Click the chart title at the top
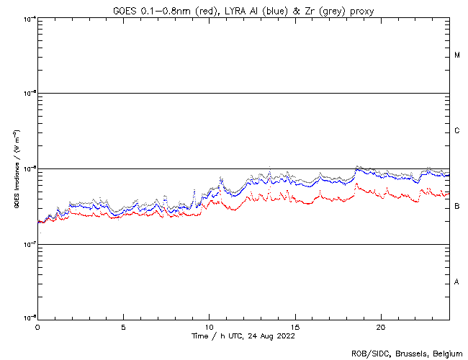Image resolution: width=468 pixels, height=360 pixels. click(x=243, y=10)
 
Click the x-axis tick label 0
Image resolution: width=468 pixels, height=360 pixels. click(x=37, y=326)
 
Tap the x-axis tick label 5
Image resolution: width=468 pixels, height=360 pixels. click(x=123, y=326)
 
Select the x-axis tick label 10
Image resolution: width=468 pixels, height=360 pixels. click(x=209, y=326)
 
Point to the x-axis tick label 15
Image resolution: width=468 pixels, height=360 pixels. click(x=295, y=326)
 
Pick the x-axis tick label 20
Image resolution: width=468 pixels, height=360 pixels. click(x=381, y=326)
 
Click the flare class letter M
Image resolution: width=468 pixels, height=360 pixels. click(x=457, y=55)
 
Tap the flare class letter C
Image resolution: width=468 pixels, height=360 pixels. click(x=457, y=131)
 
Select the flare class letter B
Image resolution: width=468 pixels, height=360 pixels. click(x=457, y=207)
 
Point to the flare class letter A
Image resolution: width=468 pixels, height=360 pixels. click(x=457, y=282)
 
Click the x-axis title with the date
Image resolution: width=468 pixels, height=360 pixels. click(x=243, y=336)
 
